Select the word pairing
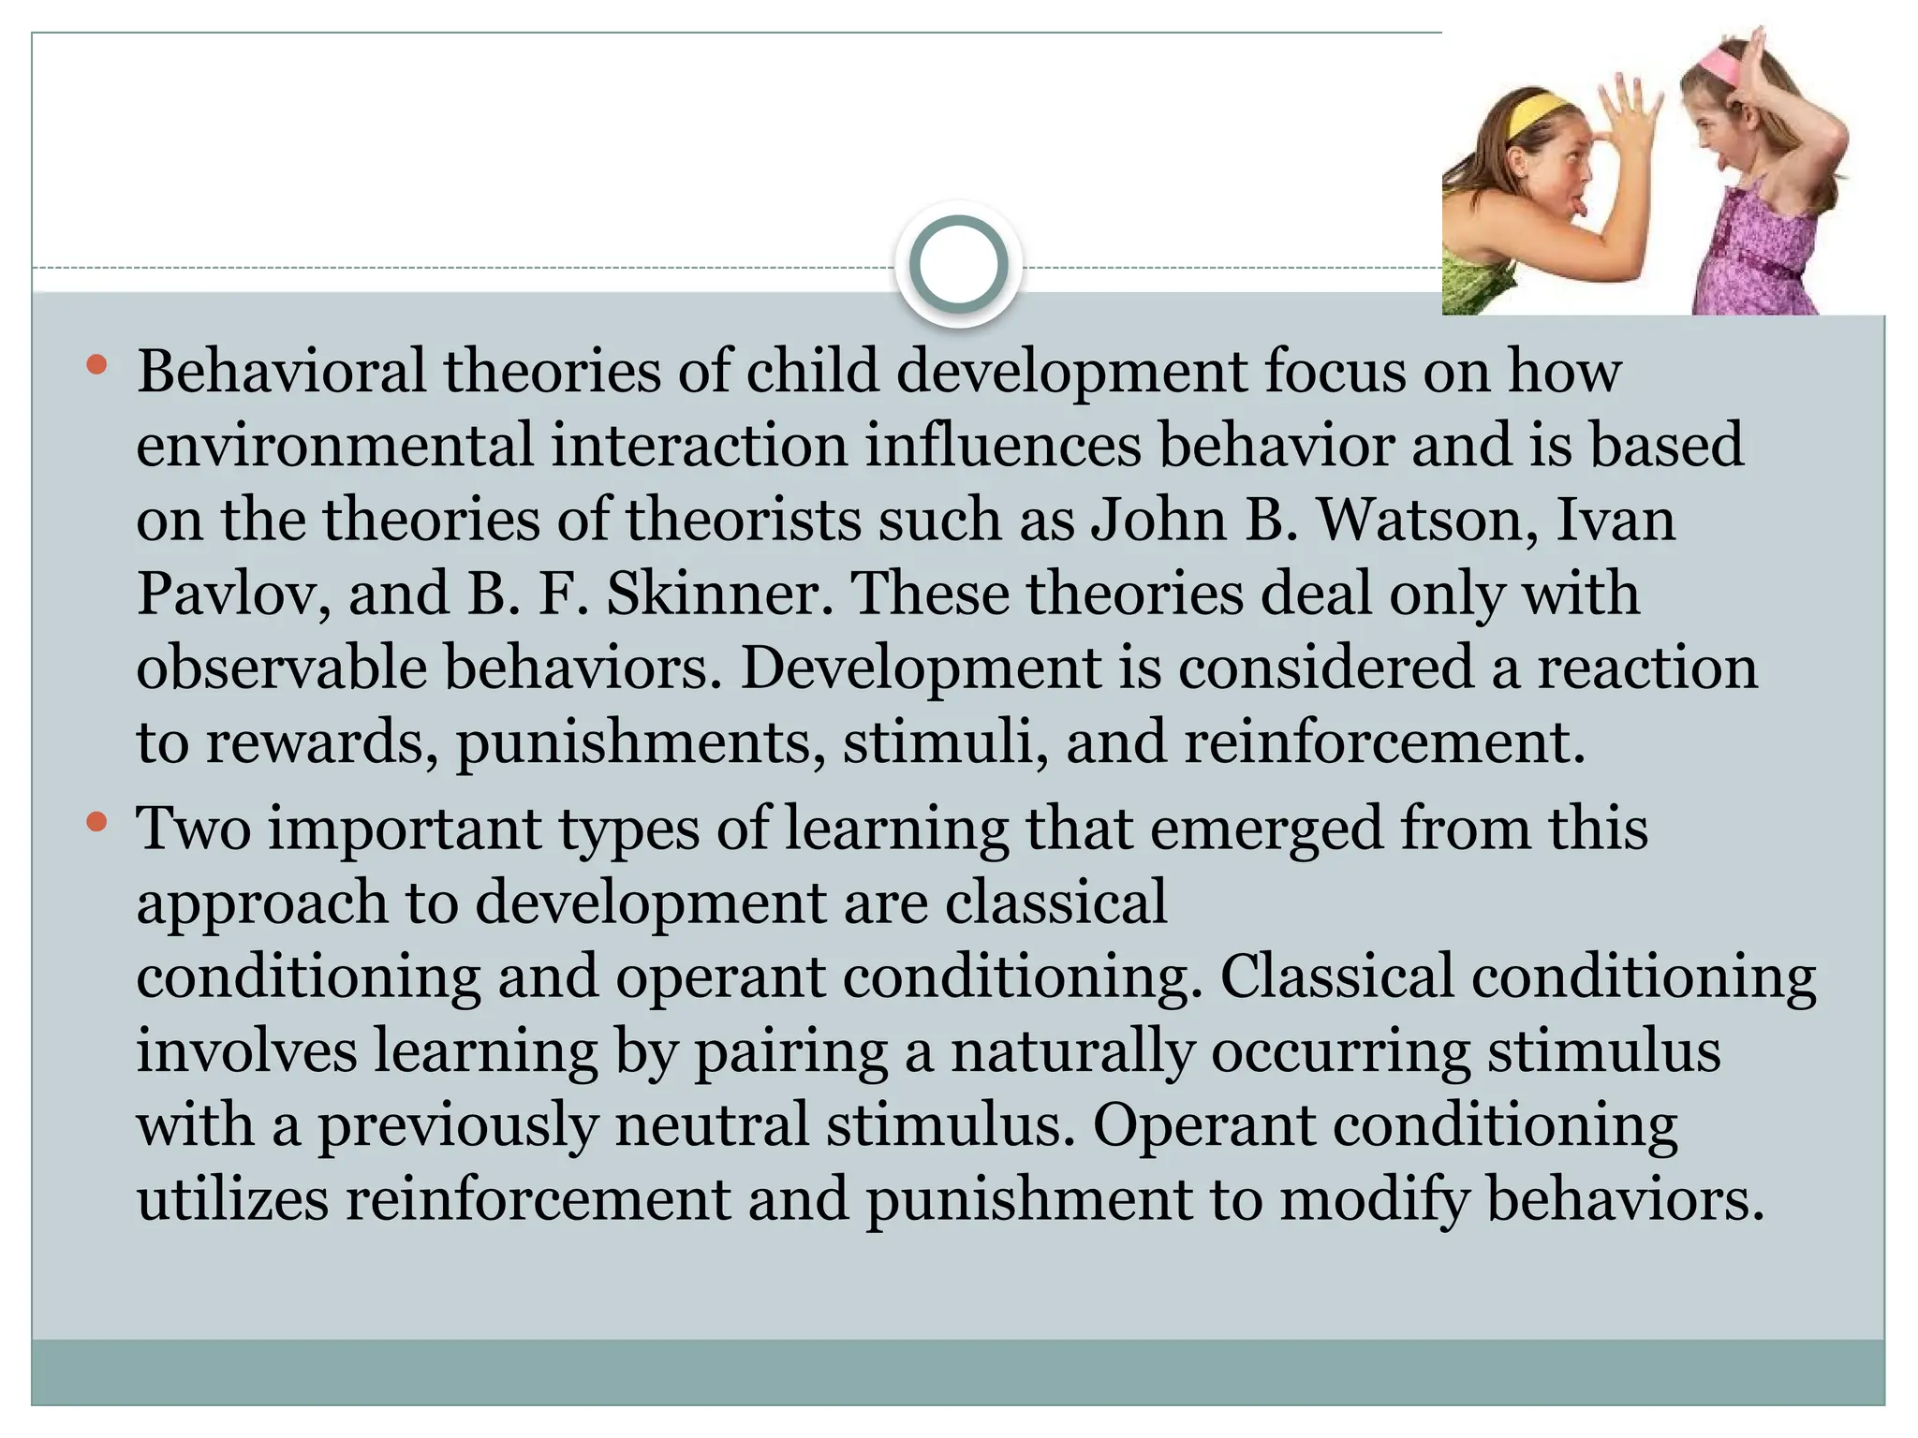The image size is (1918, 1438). click(790, 1051)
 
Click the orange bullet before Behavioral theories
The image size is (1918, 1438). click(96, 365)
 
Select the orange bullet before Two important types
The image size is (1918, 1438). click(96, 823)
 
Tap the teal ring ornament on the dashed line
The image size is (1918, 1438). click(958, 264)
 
